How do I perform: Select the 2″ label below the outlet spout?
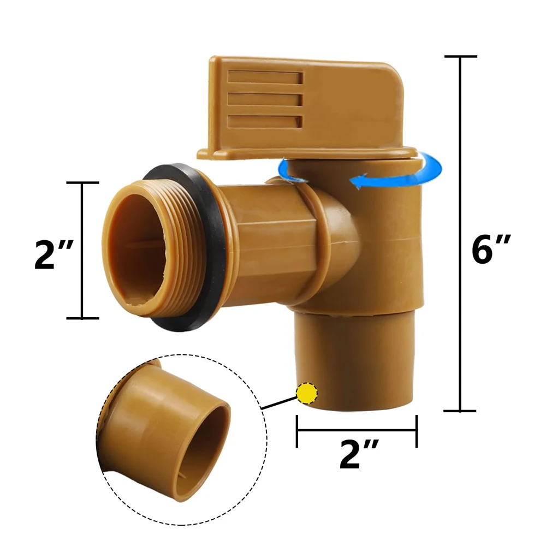tap(359, 454)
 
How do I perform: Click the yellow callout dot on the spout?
tap(307, 393)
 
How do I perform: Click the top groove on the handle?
tap(265, 78)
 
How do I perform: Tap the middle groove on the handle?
tap(265, 99)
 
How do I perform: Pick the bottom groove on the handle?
tap(264, 121)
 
